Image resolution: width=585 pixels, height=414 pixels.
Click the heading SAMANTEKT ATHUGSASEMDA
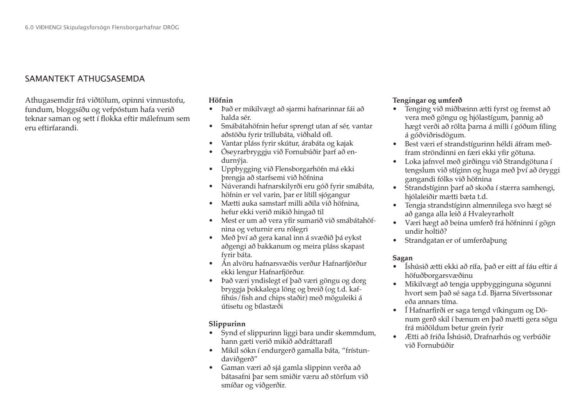pyautogui.click(x=85, y=79)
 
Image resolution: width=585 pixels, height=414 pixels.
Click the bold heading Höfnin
pyautogui.click(x=221, y=100)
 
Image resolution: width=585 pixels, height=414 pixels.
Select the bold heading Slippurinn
pyautogui.click(x=227, y=324)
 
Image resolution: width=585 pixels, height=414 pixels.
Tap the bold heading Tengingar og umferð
pyautogui.click(x=427, y=100)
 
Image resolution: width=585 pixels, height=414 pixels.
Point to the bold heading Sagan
pyautogui.click(x=402, y=258)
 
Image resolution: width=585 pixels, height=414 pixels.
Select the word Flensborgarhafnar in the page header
pyautogui.click(x=137, y=28)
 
